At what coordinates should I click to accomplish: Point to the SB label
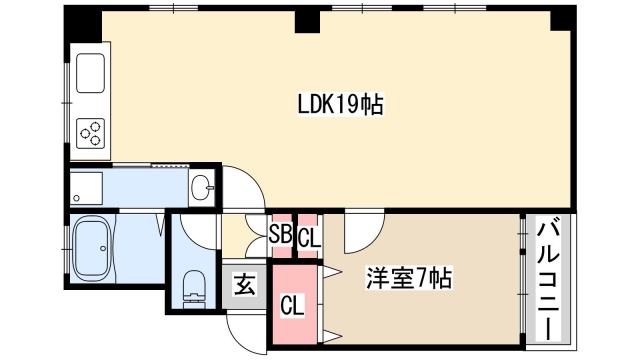tap(279, 238)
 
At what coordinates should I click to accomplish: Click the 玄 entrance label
tap(244, 284)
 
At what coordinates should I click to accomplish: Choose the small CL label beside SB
tap(309, 238)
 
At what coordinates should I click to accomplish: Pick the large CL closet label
tap(293, 303)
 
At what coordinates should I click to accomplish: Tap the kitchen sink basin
tap(91, 72)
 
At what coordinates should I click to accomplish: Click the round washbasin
tap(202, 186)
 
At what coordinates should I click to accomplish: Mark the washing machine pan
tap(87, 187)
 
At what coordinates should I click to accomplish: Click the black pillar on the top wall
tap(305, 20)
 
